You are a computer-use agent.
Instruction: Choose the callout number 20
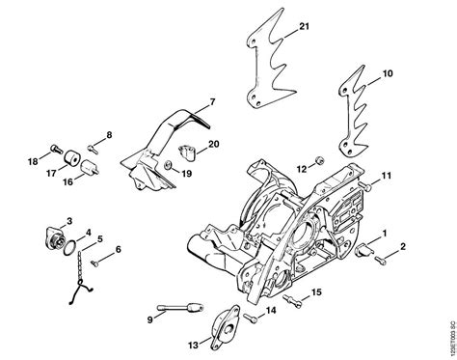213,144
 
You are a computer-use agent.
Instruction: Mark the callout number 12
301,169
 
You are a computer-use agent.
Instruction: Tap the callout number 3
68,222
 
